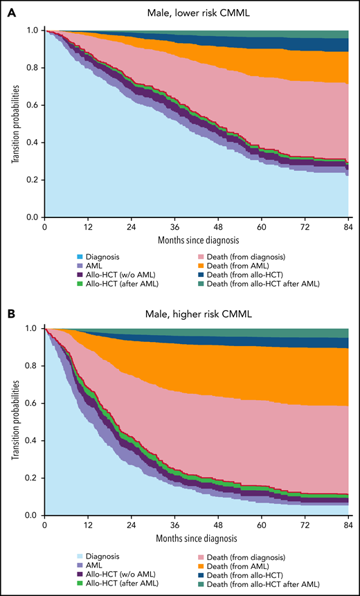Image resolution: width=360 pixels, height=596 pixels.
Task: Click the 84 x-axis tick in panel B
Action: click(x=348, y=525)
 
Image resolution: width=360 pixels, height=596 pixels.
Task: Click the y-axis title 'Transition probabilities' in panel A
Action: click(x=15, y=123)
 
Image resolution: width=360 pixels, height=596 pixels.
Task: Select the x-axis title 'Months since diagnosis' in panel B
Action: click(x=197, y=538)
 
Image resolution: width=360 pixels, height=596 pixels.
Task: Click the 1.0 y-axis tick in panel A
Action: click(x=32, y=30)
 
